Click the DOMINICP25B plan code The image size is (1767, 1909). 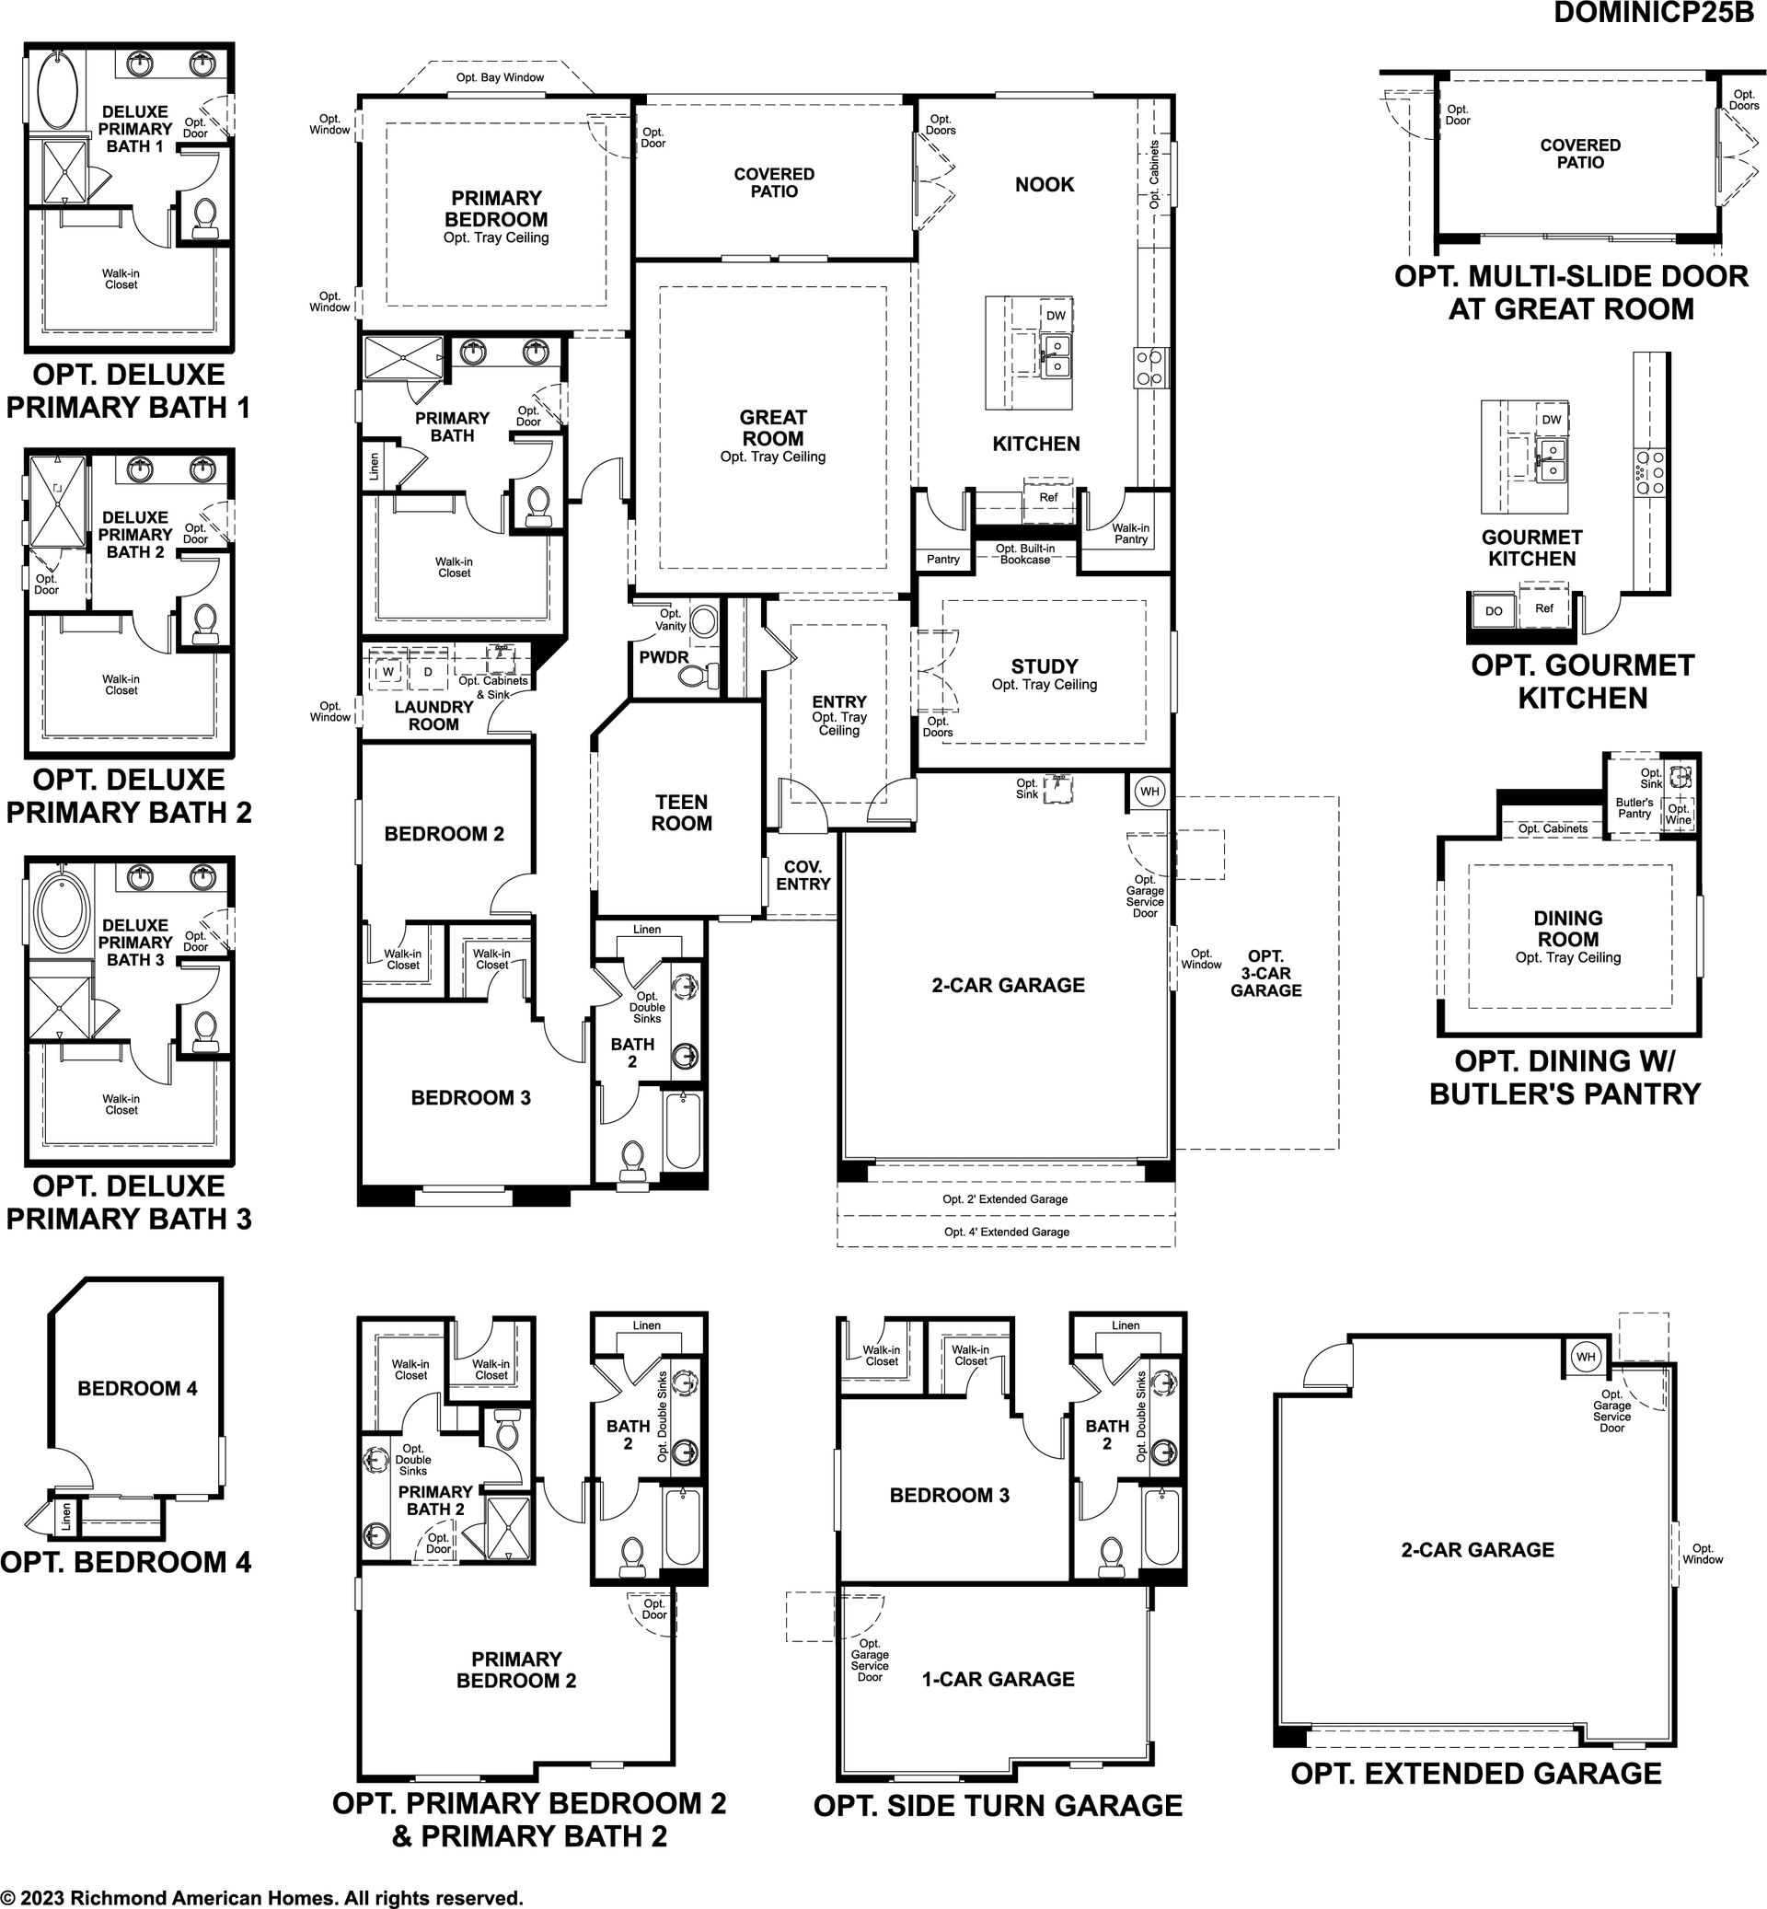click(1654, 13)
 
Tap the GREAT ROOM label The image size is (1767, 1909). click(772, 427)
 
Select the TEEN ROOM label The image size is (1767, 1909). click(682, 813)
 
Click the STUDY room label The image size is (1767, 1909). click(1045, 666)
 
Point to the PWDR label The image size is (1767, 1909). click(664, 658)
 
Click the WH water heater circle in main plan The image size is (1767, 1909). click(1149, 792)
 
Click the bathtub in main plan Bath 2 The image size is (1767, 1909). click(683, 1129)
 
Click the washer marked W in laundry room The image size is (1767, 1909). click(388, 672)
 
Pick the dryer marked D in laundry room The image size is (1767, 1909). click(428, 672)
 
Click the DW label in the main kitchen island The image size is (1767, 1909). click(1056, 316)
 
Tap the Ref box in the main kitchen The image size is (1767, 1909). click(1049, 497)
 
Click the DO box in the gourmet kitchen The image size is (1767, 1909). click(1494, 611)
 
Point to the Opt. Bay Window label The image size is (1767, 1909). click(500, 77)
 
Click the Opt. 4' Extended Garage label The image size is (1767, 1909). click(1007, 1232)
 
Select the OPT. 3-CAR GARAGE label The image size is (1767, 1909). click(1266, 974)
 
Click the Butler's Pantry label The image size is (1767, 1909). click(1635, 808)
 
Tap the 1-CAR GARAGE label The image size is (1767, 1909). click(999, 1679)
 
